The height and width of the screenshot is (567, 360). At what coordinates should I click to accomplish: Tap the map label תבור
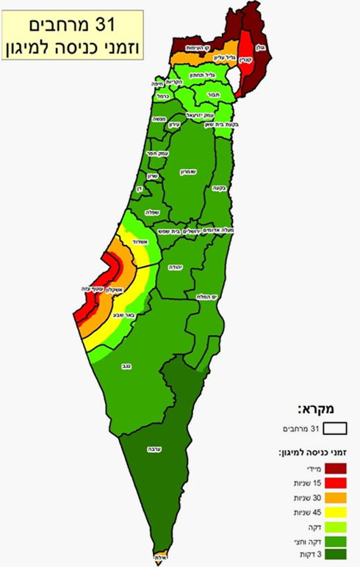click(214, 95)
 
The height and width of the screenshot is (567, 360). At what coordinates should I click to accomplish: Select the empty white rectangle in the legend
click(336, 427)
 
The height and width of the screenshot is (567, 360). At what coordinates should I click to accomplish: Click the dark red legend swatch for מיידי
click(336, 469)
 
